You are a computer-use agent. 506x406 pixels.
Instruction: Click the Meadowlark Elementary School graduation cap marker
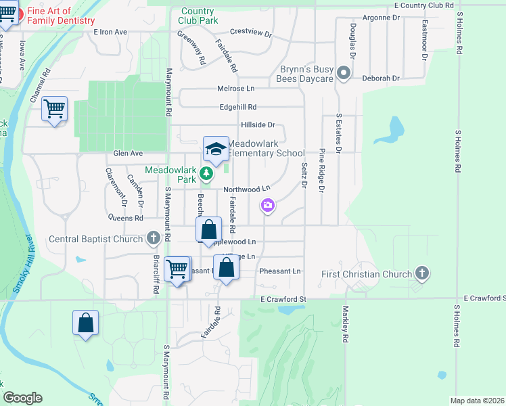pyautogui.click(x=216, y=150)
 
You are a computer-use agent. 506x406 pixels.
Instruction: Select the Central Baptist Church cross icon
pyautogui.click(x=154, y=238)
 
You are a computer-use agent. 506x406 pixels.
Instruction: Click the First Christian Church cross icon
pyautogui.click(x=422, y=273)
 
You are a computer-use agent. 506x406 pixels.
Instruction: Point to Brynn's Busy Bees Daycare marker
pyautogui.click(x=344, y=73)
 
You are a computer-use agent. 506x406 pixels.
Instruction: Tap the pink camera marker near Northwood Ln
pyautogui.click(x=268, y=205)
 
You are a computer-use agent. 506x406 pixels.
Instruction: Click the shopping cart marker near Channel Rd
pyautogui.click(x=54, y=109)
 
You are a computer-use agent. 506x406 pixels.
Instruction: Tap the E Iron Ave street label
pyautogui.click(x=111, y=32)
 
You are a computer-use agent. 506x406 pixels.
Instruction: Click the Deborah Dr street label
pyautogui.click(x=381, y=78)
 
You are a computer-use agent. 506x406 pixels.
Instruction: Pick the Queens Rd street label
pyautogui.click(x=125, y=218)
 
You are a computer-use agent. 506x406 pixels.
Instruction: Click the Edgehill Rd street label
pyautogui.click(x=238, y=107)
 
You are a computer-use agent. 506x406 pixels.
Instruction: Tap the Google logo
pyautogui.click(x=22, y=398)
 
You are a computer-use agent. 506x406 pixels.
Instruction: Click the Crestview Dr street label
pyautogui.click(x=250, y=32)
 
